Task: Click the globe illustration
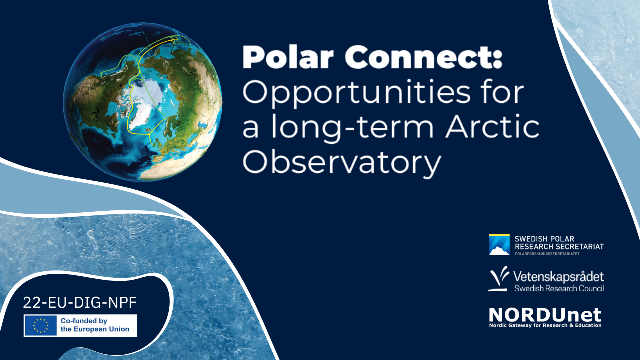point(143,102)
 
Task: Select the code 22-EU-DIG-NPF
point(80,302)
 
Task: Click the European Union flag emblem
point(41,325)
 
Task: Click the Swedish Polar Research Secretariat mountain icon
point(499,245)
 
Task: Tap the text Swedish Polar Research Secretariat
point(559,243)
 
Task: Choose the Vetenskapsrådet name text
point(559,277)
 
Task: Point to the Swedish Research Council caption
point(559,288)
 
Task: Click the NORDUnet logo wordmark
point(545,315)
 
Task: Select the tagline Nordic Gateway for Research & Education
point(545,326)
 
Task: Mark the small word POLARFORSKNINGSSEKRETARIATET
point(547,254)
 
